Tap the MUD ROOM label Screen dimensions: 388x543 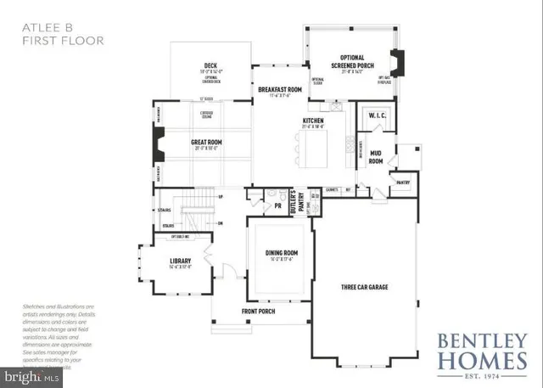(375, 156)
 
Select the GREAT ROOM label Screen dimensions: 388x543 (208, 143)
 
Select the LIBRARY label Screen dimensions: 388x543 (179, 261)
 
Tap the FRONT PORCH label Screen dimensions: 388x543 (260, 312)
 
